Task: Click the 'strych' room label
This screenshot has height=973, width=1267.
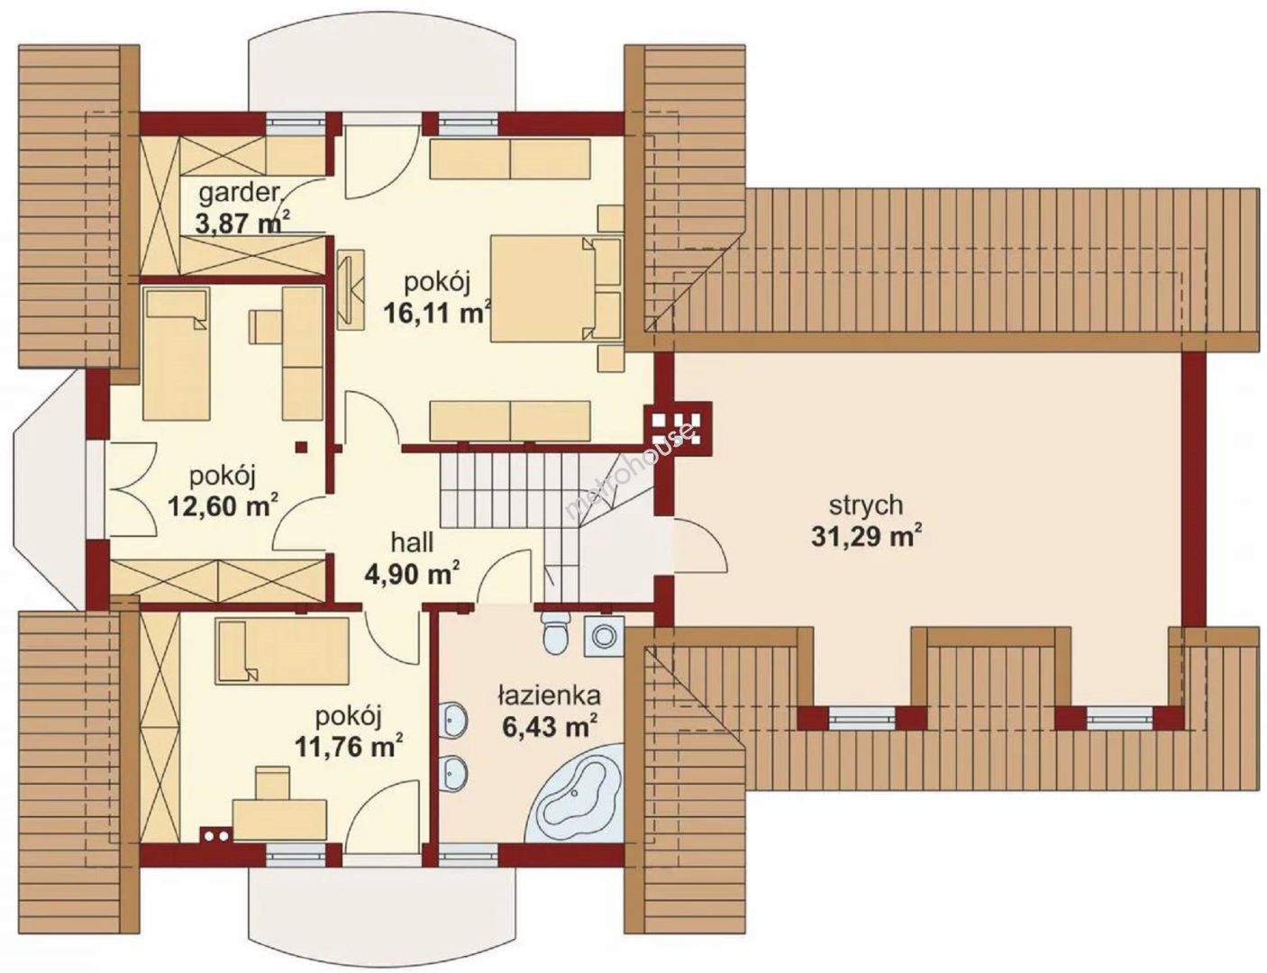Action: click(x=866, y=505)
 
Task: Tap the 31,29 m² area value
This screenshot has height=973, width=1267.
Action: click(x=866, y=537)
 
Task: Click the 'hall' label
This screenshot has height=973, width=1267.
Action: click(x=412, y=542)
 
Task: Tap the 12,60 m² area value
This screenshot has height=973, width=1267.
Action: click(x=223, y=505)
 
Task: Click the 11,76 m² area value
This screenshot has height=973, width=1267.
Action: click(x=350, y=747)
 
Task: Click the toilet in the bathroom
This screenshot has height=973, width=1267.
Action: click(x=554, y=632)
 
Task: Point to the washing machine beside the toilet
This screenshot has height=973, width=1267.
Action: click(x=602, y=638)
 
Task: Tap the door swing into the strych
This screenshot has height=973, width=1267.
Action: click(x=699, y=544)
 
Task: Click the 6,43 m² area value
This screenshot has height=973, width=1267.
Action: click(x=549, y=726)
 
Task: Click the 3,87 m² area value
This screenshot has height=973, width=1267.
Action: click(x=242, y=224)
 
